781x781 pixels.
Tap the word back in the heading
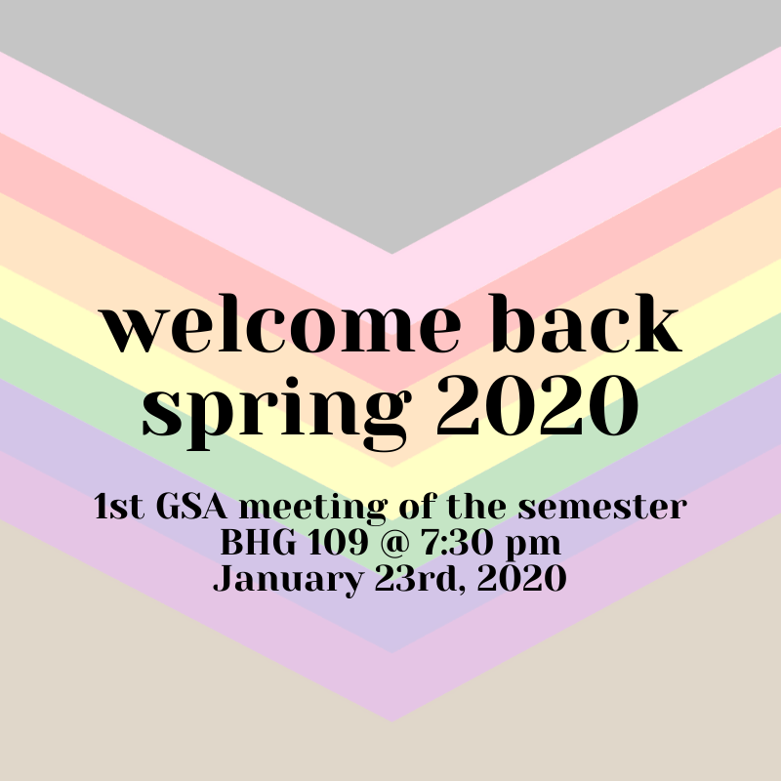click(587, 323)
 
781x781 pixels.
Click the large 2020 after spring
click(538, 405)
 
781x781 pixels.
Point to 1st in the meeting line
click(119, 507)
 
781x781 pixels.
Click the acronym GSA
click(191, 506)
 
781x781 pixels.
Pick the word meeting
click(313, 509)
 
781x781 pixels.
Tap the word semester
click(602, 508)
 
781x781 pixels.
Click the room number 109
click(338, 543)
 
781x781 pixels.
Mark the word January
click(288, 580)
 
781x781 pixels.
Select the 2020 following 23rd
click(521, 579)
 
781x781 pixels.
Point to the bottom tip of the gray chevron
click(391, 254)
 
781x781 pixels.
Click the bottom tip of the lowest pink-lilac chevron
click(391, 720)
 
